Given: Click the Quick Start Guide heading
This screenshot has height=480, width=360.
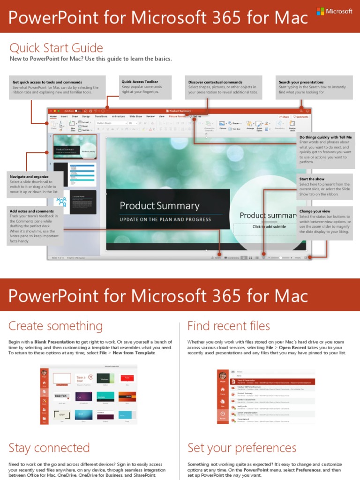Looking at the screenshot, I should pyautogui.click(x=56, y=47).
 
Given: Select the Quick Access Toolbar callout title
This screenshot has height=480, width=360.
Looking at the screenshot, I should pyautogui.click(x=140, y=82).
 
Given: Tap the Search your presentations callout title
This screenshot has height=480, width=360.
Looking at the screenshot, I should pyautogui.click(x=301, y=82).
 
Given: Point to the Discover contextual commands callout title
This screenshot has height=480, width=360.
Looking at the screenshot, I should pyautogui.click(x=215, y=82).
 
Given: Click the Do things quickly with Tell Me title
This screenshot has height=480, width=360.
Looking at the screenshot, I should pyautogui.click(x=325, y=137).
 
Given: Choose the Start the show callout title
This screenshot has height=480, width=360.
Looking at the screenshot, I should pyautogui.click(x=312, y=179).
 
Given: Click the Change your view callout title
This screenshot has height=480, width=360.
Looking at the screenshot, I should pyautogui.click(x=315, y=211).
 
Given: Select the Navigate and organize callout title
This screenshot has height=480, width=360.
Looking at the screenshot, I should pyautogui.click(x=29, y=177).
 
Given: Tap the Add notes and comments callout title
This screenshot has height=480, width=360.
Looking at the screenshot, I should pyautogui.click(x=31, y=211).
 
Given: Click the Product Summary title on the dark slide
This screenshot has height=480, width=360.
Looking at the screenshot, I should pyautogui.click(x=159, y=206).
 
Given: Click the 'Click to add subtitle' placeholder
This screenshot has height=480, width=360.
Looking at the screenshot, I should pyautogui.click(x=269, y=227).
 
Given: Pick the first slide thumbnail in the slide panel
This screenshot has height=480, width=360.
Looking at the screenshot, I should pyautogui.click(x=75, y=147).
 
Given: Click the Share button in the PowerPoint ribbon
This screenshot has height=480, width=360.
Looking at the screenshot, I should pyautogui.click(x=284, y=117).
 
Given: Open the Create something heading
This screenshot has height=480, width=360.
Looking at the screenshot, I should pyautogui.click(x=55, y=326).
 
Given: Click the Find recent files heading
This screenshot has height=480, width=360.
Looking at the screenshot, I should pyautogui.click(x=228, y=326).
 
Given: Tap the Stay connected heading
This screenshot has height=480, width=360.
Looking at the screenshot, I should pyautogui.click(x=49, y=448).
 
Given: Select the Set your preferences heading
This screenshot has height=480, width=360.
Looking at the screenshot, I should pyautogui.click(x=241, y=448).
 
